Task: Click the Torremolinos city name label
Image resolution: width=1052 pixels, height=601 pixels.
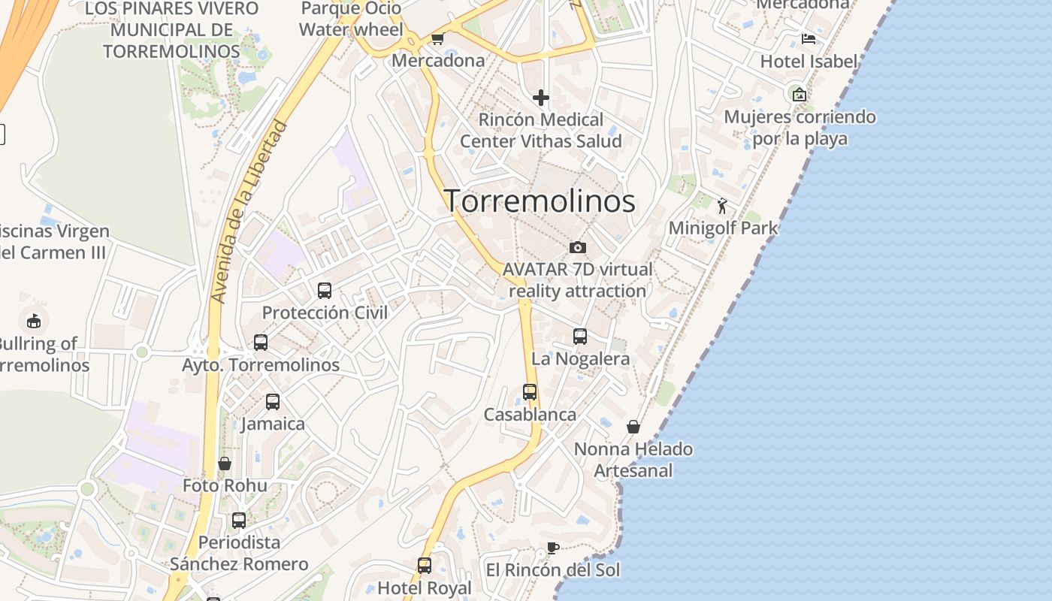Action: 540,201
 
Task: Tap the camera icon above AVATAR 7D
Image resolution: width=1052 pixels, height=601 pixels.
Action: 577,247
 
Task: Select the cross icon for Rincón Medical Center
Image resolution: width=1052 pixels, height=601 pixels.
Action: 540,98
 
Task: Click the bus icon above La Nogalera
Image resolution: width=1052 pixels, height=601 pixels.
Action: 580,337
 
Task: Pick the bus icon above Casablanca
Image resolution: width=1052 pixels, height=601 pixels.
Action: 530,392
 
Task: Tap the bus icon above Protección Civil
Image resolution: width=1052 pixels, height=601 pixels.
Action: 325,291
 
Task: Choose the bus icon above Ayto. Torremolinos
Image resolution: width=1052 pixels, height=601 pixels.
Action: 261,343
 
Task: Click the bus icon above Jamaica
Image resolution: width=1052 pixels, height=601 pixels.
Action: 273,402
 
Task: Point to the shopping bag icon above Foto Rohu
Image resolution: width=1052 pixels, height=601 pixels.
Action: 224,464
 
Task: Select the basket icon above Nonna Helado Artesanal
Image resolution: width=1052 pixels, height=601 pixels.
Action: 633,427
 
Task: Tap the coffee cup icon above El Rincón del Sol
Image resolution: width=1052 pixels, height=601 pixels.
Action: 553,548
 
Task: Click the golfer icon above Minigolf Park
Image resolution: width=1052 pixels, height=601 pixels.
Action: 722,206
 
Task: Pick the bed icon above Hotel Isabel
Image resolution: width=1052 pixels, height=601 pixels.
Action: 809,39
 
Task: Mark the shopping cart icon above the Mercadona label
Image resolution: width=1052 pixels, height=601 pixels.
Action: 437,38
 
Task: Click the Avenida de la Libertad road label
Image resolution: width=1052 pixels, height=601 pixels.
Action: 249,212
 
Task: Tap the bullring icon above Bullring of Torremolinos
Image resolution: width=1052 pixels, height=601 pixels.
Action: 34,322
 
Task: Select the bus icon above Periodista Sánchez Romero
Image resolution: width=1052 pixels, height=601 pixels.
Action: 239,520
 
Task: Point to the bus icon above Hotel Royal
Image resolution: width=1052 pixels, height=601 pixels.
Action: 425,566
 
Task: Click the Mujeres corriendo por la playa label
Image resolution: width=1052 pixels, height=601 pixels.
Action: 800,128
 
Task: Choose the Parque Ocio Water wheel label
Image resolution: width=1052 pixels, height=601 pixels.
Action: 351,20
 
